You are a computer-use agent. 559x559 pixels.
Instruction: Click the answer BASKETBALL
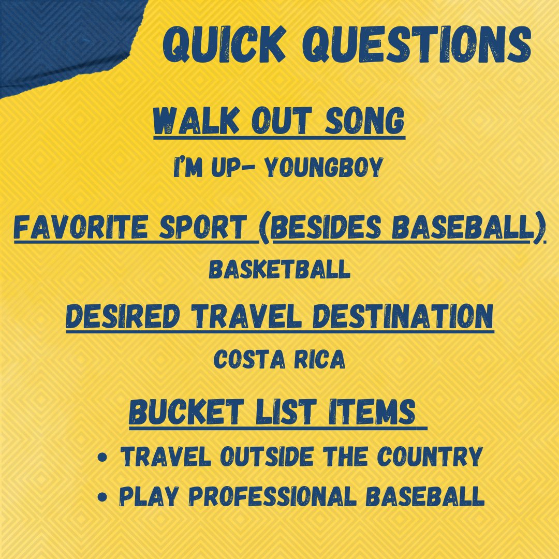(279, 270)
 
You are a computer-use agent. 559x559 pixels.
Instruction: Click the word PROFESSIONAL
(274, 497)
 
